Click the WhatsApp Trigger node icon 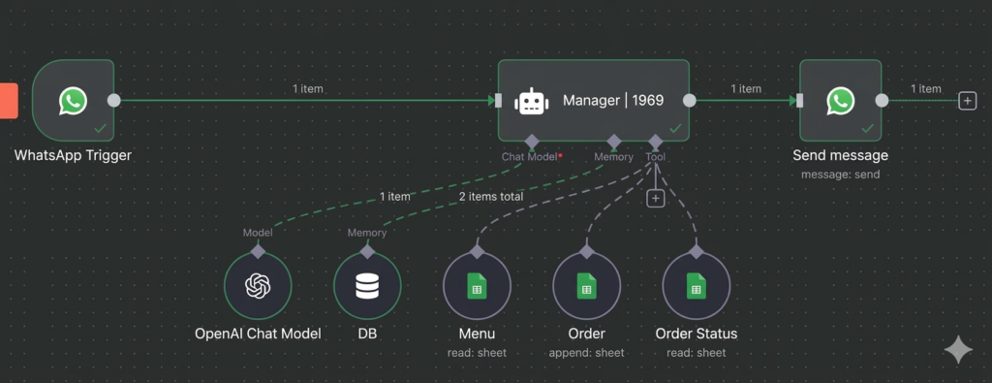click(73, 100)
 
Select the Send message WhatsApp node click(840, 100)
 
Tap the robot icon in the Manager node click(531, 101)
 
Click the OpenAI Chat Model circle click(257, 286)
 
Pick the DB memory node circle click(367, 286)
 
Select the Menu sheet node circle click(477, 286)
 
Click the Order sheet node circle click(586, 286)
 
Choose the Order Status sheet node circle click(696, 286)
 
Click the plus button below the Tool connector click(656, 198)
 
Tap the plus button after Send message click(966, 100)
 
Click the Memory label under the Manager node click(613, 156)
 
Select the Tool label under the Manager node click(656, 156)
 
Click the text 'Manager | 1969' click(612, 101)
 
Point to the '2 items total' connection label click(491, 196)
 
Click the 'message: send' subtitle click(840, 175)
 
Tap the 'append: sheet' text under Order click(586, 353)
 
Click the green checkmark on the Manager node click(675, 128)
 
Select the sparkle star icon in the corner click(958, 350)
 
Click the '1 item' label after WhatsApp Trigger click(308, 88)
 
